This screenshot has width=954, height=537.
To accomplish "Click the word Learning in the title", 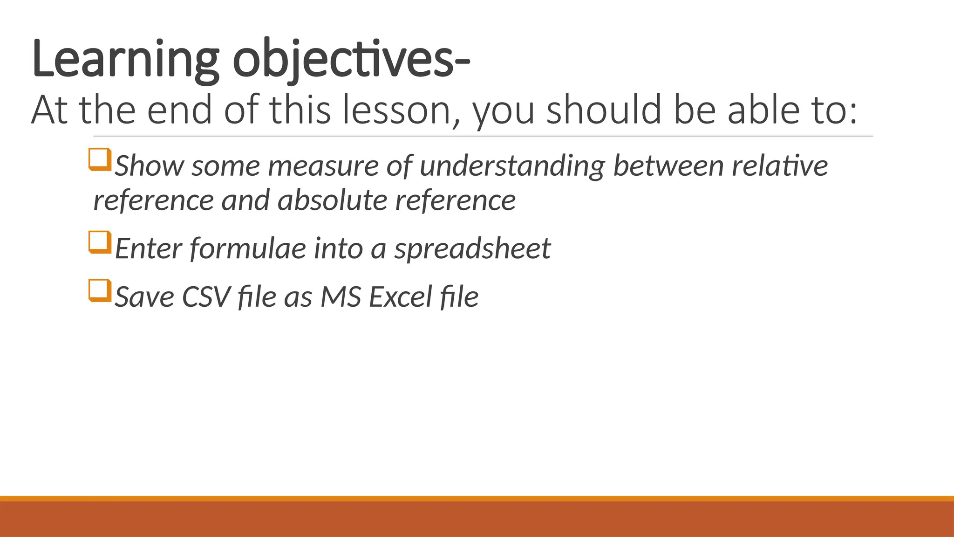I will click(125, 60).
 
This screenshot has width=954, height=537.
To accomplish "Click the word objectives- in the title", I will click(351, 60).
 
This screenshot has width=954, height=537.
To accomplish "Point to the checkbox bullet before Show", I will click(100, 159).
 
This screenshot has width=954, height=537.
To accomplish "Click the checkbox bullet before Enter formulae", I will click(100, 242).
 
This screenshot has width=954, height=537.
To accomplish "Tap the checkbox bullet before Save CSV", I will click(100, 290).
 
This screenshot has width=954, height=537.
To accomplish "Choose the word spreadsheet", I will click(472, 249).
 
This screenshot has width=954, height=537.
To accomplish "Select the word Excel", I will click(401, 297).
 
